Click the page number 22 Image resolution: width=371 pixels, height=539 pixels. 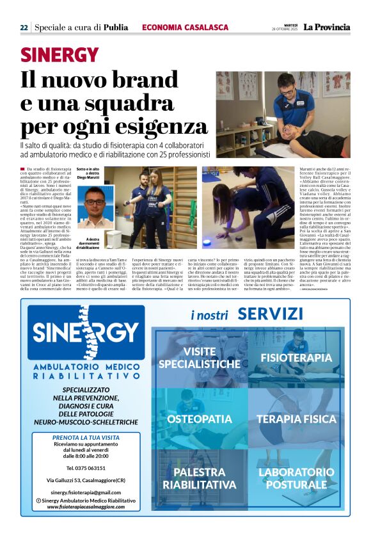pyautogui.click(x=24, y=28)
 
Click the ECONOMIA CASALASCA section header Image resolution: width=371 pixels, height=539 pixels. pyautogui.click(x=185, y=28)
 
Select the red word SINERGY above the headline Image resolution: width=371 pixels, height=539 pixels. pyautogui.click(x=59, y=54)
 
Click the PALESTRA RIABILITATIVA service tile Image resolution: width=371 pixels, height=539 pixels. pyautogui.click(x=200, y=478)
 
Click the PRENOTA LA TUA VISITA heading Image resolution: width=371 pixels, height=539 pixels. pyautogui.click(x=85, y=438)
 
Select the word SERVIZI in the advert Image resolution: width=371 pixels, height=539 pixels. pyautogui.click(x=269, y=314)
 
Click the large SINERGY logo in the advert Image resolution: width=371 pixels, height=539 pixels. pyautogui.click(x=86, y=332)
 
